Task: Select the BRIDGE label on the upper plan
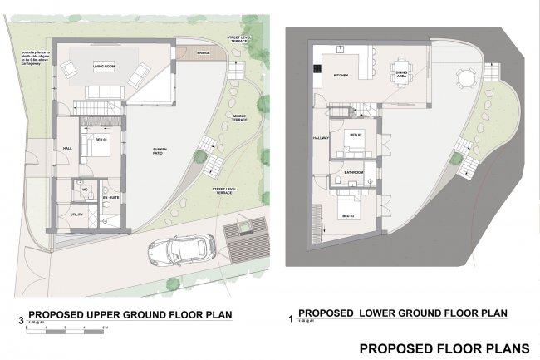pyautogui.click(x=203, y=52)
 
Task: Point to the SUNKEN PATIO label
pyautogui.click(x=161, y=151)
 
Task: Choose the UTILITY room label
pyautogui.click(x=76, y=215)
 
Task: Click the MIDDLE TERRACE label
pyautogui.click(x=241, y=117)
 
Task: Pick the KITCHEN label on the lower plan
pyautogui.click(x=341, y=76)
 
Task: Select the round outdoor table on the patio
pyautogui.click(x=465, y=80)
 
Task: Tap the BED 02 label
pyautogui.click(x=355, y=135)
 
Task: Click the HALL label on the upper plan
pyautogui.click(x=66, y=149)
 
